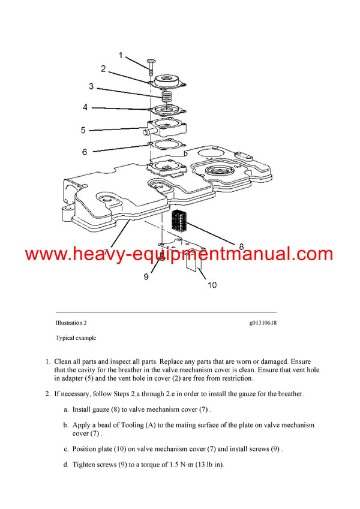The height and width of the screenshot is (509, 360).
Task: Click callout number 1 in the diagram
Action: tap(120, 56)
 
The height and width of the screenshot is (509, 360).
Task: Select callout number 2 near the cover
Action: tap(103, 69)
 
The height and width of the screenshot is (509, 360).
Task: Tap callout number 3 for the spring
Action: tap(91, 86)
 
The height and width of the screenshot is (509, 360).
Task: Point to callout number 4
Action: tap(85, 107)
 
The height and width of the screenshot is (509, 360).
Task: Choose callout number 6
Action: tap(85, 152)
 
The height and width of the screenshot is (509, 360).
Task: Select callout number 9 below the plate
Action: tap(145, 277)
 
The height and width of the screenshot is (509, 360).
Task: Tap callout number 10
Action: tap(212, 285)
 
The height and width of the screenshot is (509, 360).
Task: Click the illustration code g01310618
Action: tap(263, 323)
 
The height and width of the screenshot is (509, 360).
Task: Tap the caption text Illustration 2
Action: tap(71, 323)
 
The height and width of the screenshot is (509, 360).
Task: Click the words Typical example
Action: tap(76, 338)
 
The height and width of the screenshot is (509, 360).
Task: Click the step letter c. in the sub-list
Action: tap(66, 448)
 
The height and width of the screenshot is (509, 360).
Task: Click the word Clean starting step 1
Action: tap(64, 362)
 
